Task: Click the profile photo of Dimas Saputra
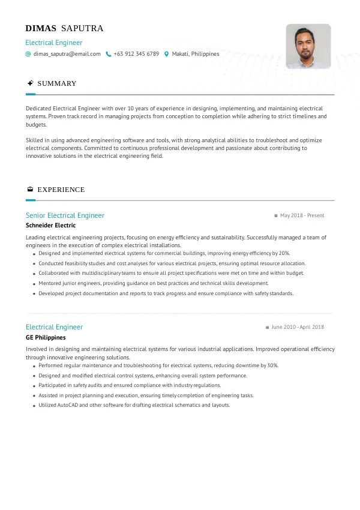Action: (308, 46)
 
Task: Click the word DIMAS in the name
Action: (41, 28)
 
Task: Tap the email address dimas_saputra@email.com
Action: (67, 54)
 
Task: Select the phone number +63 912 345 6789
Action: (136, 54)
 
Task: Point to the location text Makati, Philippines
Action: (196, 54)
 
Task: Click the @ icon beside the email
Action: (28, 54)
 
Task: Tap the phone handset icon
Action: (109, 54)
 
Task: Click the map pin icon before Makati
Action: (166, 54)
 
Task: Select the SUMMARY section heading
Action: (57, 83)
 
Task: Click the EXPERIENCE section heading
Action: (61, 190)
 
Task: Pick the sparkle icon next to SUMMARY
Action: (30, 83)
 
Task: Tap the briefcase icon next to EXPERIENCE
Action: (30, 190)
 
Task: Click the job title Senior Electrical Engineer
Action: (65, 215)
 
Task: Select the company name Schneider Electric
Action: (51, 226)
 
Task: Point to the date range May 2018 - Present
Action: (302, 215)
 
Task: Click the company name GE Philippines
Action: (46, 338)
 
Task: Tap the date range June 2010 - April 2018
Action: (298, 327)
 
